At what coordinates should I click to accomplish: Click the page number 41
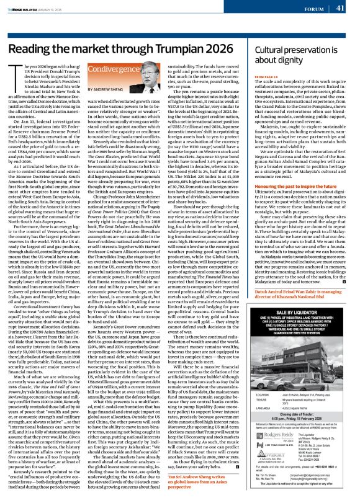(x=340, y=8)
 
